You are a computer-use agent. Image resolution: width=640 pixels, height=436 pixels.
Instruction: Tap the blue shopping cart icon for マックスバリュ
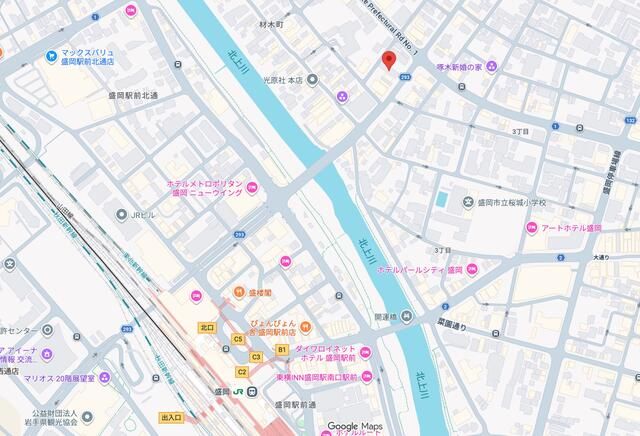pos(49,55)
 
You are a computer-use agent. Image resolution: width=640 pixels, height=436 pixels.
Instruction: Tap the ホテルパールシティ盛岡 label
pos(419,270)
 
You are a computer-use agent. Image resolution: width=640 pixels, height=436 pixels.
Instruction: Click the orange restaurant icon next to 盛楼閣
pos(239,292)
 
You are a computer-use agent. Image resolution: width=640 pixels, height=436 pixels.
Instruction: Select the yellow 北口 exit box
pos(207,327)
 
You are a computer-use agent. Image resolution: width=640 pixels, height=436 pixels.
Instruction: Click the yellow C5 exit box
pos(238,340)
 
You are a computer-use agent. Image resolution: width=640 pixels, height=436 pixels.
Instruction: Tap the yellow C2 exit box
pos(241,371)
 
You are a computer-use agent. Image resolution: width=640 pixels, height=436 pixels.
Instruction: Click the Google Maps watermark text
pos(356,426)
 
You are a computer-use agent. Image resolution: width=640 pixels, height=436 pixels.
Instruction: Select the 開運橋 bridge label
pos(386,316)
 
